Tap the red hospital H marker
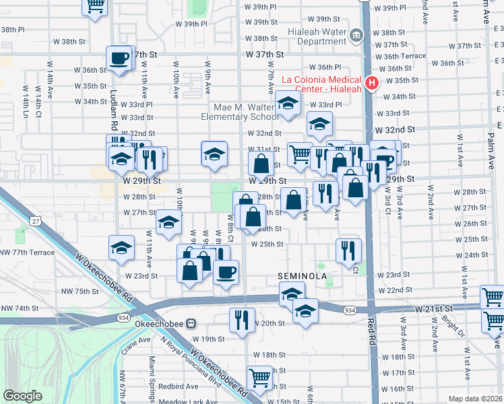pos(370,84)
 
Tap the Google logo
pos(23,396)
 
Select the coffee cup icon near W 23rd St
pos(226,272)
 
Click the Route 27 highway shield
pos(34,220)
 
